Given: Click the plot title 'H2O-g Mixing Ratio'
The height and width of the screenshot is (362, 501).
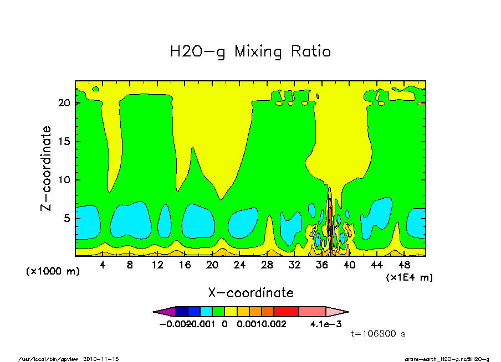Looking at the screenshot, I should coord(250,52).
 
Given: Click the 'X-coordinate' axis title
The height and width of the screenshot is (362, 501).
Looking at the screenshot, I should coord(250,293).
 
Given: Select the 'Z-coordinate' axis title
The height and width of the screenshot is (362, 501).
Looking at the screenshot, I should coord(47,168).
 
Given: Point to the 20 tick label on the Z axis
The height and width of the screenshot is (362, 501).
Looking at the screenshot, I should coord(64,103).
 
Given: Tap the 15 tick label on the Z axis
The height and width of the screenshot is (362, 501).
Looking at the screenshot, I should coord(64,142).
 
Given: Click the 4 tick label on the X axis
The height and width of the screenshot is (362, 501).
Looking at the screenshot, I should coord(103,265).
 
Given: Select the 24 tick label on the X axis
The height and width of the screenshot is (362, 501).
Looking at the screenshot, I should coord(240,265).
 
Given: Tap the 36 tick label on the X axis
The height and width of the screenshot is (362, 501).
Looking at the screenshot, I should coord(322,265).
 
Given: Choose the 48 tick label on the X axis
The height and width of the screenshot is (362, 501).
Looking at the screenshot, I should coord(405,265).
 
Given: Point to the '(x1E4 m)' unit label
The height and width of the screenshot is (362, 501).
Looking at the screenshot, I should coord(410,277).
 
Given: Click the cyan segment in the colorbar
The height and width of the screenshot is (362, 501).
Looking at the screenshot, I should coord(206,312).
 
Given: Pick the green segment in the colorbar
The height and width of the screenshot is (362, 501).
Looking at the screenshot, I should coord(218,312).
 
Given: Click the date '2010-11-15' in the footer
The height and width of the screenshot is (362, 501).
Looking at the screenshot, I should coord(101,359).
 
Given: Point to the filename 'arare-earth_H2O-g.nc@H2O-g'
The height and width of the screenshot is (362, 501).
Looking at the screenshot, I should coord(447,359).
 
